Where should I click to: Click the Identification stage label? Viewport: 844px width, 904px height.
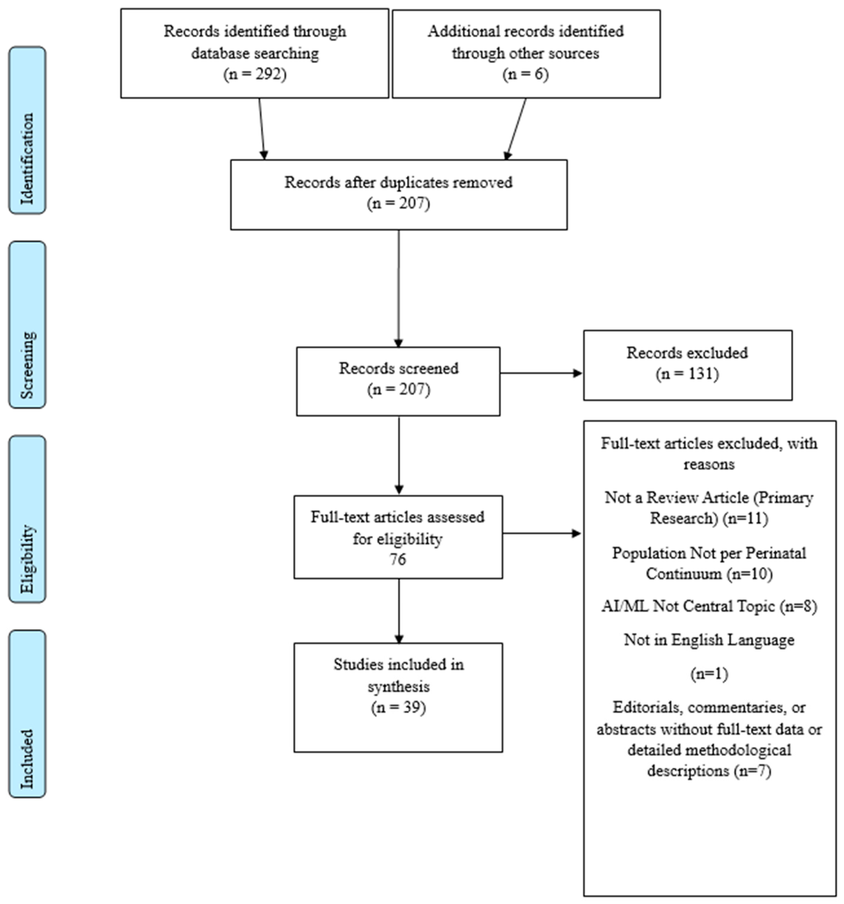click(x=27, y=158)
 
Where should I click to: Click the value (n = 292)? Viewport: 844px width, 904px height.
click(x=255, y=74)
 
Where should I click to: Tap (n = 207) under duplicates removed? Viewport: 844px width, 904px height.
click(x=398, y=203)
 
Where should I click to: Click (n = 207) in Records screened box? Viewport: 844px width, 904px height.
click(x=398, y=390)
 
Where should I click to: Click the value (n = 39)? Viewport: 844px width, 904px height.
click(x=398, y=708)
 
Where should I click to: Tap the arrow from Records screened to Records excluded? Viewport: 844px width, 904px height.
click(x=541, y=373)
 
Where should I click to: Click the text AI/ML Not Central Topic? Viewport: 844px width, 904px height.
click(x=688, y=606)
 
